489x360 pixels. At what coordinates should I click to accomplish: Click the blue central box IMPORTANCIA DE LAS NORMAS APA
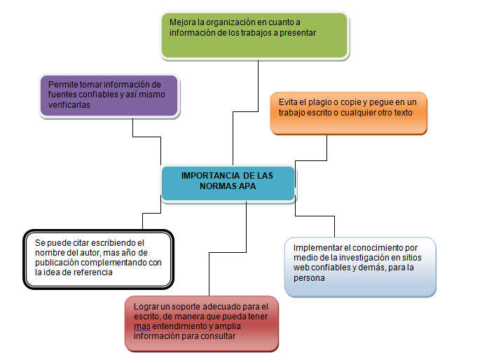click(x=227, y=183)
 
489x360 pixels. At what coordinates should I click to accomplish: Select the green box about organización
click(x=254, y=35)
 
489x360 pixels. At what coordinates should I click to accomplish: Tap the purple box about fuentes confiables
click(x=108, y=94)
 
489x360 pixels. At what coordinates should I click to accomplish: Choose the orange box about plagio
click(x=348, y=112)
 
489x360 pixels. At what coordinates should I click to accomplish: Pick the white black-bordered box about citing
click(x=98, y=258)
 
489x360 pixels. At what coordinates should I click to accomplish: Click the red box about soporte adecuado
click(x=202, y=323)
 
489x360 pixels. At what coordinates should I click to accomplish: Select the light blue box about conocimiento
click(x=360, y=266)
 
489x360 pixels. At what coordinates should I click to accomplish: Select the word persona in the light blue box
click(x=308, y=277)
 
